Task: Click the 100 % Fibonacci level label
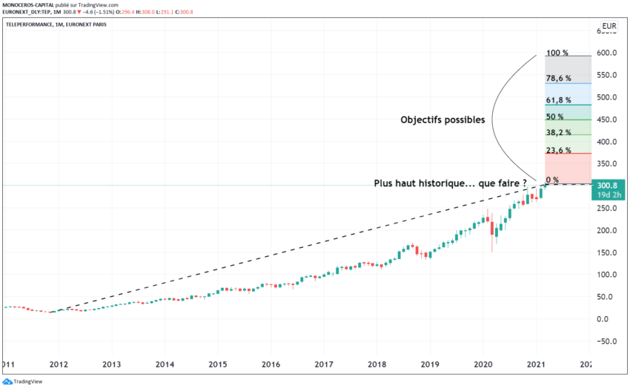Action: point(557,53)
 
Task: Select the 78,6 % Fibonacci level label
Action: point(557,78)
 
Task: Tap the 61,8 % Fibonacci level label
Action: point(557,99)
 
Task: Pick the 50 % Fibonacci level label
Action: point(555,117)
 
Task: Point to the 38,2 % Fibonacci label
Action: point(557,132)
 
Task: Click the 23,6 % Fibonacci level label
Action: point(557,151)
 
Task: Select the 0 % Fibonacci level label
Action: point(552,180)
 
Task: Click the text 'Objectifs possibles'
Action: point(442,120)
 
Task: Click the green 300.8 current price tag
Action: point(609,186)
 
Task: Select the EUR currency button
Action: point(609,29)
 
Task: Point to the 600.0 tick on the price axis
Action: point(609,53)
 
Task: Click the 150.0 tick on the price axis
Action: point(609,252)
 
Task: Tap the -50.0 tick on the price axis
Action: point(609,341)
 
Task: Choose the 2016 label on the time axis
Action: point(271,365)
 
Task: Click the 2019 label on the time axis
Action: point(431,365)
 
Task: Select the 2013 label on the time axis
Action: point(111,365)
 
